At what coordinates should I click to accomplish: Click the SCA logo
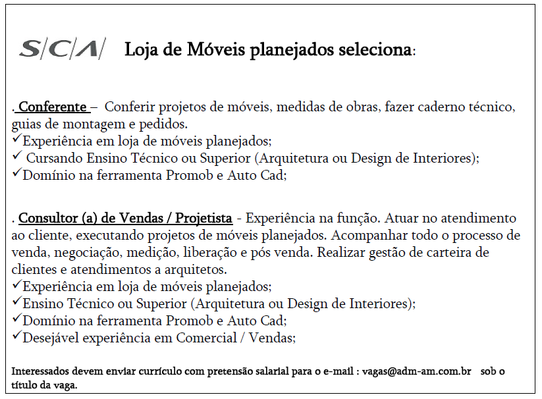[62, 49]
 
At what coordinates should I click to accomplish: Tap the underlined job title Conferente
[53, 107]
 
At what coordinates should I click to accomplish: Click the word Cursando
[54, 158]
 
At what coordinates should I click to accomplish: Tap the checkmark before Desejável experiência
[16, 337]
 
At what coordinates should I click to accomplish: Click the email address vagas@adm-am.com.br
[416, 371]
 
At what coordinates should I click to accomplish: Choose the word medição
[154, 252]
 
